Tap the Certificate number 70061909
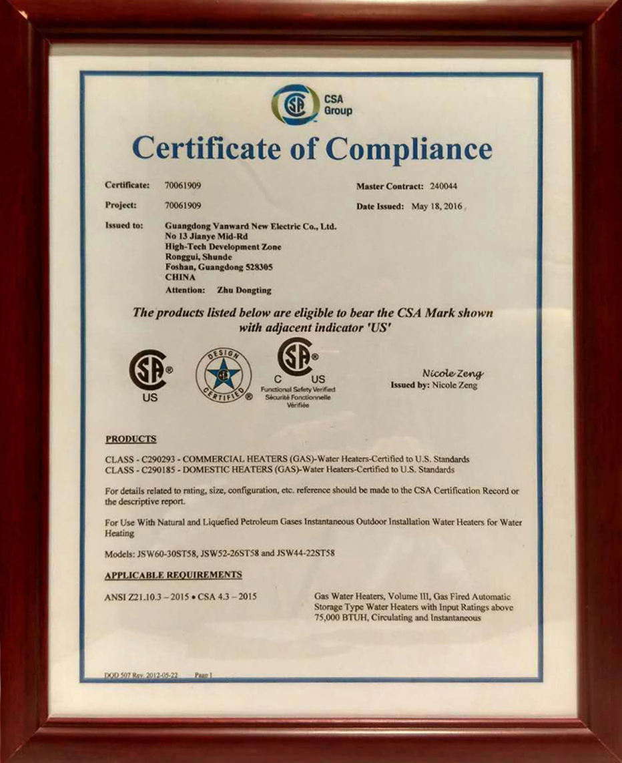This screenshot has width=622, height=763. (x=183, y=185)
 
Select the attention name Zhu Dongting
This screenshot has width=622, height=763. (x=245, y=290)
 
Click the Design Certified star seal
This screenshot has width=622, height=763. (x=224, y=374)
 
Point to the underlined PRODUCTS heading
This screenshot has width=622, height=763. (x=131, y=439)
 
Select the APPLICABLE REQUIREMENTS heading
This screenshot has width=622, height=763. (x=174, y=575)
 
